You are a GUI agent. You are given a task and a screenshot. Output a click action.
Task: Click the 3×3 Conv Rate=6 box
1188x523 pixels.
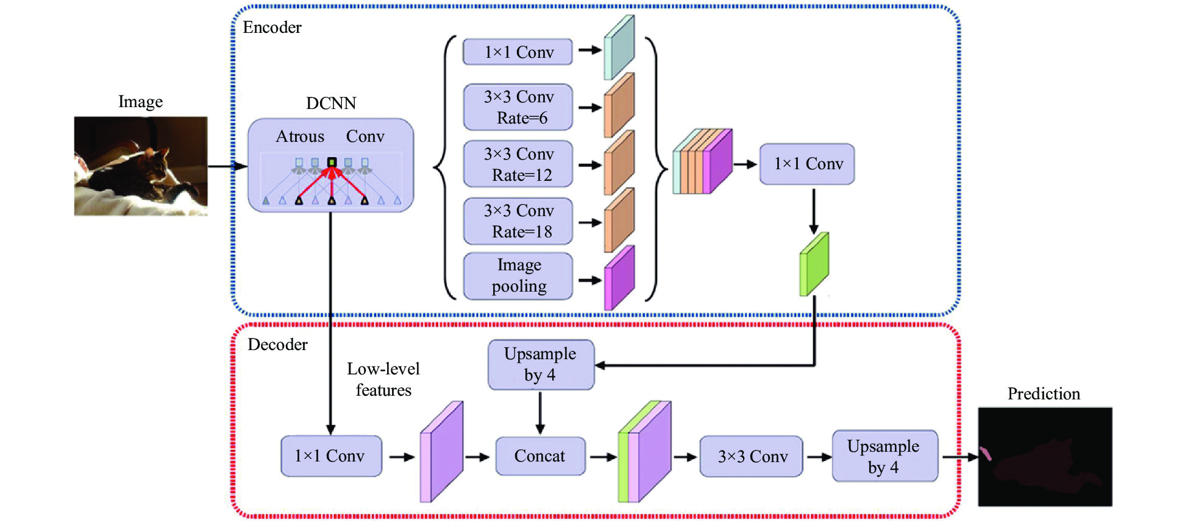click(x=518, y=107)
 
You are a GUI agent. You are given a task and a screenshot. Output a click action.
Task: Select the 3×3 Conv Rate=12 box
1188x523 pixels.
click(x=518, y=164)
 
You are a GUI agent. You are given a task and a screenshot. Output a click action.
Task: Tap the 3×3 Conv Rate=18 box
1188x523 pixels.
click(x=518, y=221)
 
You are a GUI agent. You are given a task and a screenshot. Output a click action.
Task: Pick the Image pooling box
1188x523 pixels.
click(x=518, y=276)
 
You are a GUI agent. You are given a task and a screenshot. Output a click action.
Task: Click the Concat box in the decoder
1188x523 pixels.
click(x=540, y=456)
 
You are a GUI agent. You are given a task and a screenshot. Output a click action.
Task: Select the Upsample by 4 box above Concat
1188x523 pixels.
click(x=541, y=365)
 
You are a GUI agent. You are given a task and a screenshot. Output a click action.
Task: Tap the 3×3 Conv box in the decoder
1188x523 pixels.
click(x=752, y=457)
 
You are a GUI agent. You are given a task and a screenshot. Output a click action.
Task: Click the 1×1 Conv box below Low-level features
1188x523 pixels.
click(x=331, y=456)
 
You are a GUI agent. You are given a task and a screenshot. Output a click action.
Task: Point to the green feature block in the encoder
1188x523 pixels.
click(x=814, y=264)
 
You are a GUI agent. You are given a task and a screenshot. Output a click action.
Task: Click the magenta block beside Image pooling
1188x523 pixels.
click(x=619, y=278)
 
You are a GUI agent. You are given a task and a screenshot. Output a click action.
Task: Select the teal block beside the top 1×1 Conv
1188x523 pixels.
click(x=619, y=48)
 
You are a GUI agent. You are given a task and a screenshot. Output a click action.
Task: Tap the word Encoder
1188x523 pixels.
click(x=272, y=27)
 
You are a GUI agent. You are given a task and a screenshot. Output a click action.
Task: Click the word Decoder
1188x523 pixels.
click(x=277, y=345)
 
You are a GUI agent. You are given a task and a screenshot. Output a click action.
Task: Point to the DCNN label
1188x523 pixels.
click(x=331, y=104)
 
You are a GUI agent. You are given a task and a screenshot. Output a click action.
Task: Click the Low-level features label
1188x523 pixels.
click(x=383, y=379)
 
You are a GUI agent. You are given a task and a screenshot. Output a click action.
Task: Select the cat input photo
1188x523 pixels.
click(x=141, y=166)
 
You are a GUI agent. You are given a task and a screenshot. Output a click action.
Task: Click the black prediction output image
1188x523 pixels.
click(x=1045, y=457)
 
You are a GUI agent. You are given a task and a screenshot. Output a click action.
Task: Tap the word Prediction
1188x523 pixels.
click(x=1044, y=394)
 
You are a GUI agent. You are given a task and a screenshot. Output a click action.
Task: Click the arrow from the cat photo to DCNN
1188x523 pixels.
click(x=227, y=166)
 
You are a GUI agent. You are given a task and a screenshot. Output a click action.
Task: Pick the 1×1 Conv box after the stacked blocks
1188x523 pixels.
click(x=807, y=164)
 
